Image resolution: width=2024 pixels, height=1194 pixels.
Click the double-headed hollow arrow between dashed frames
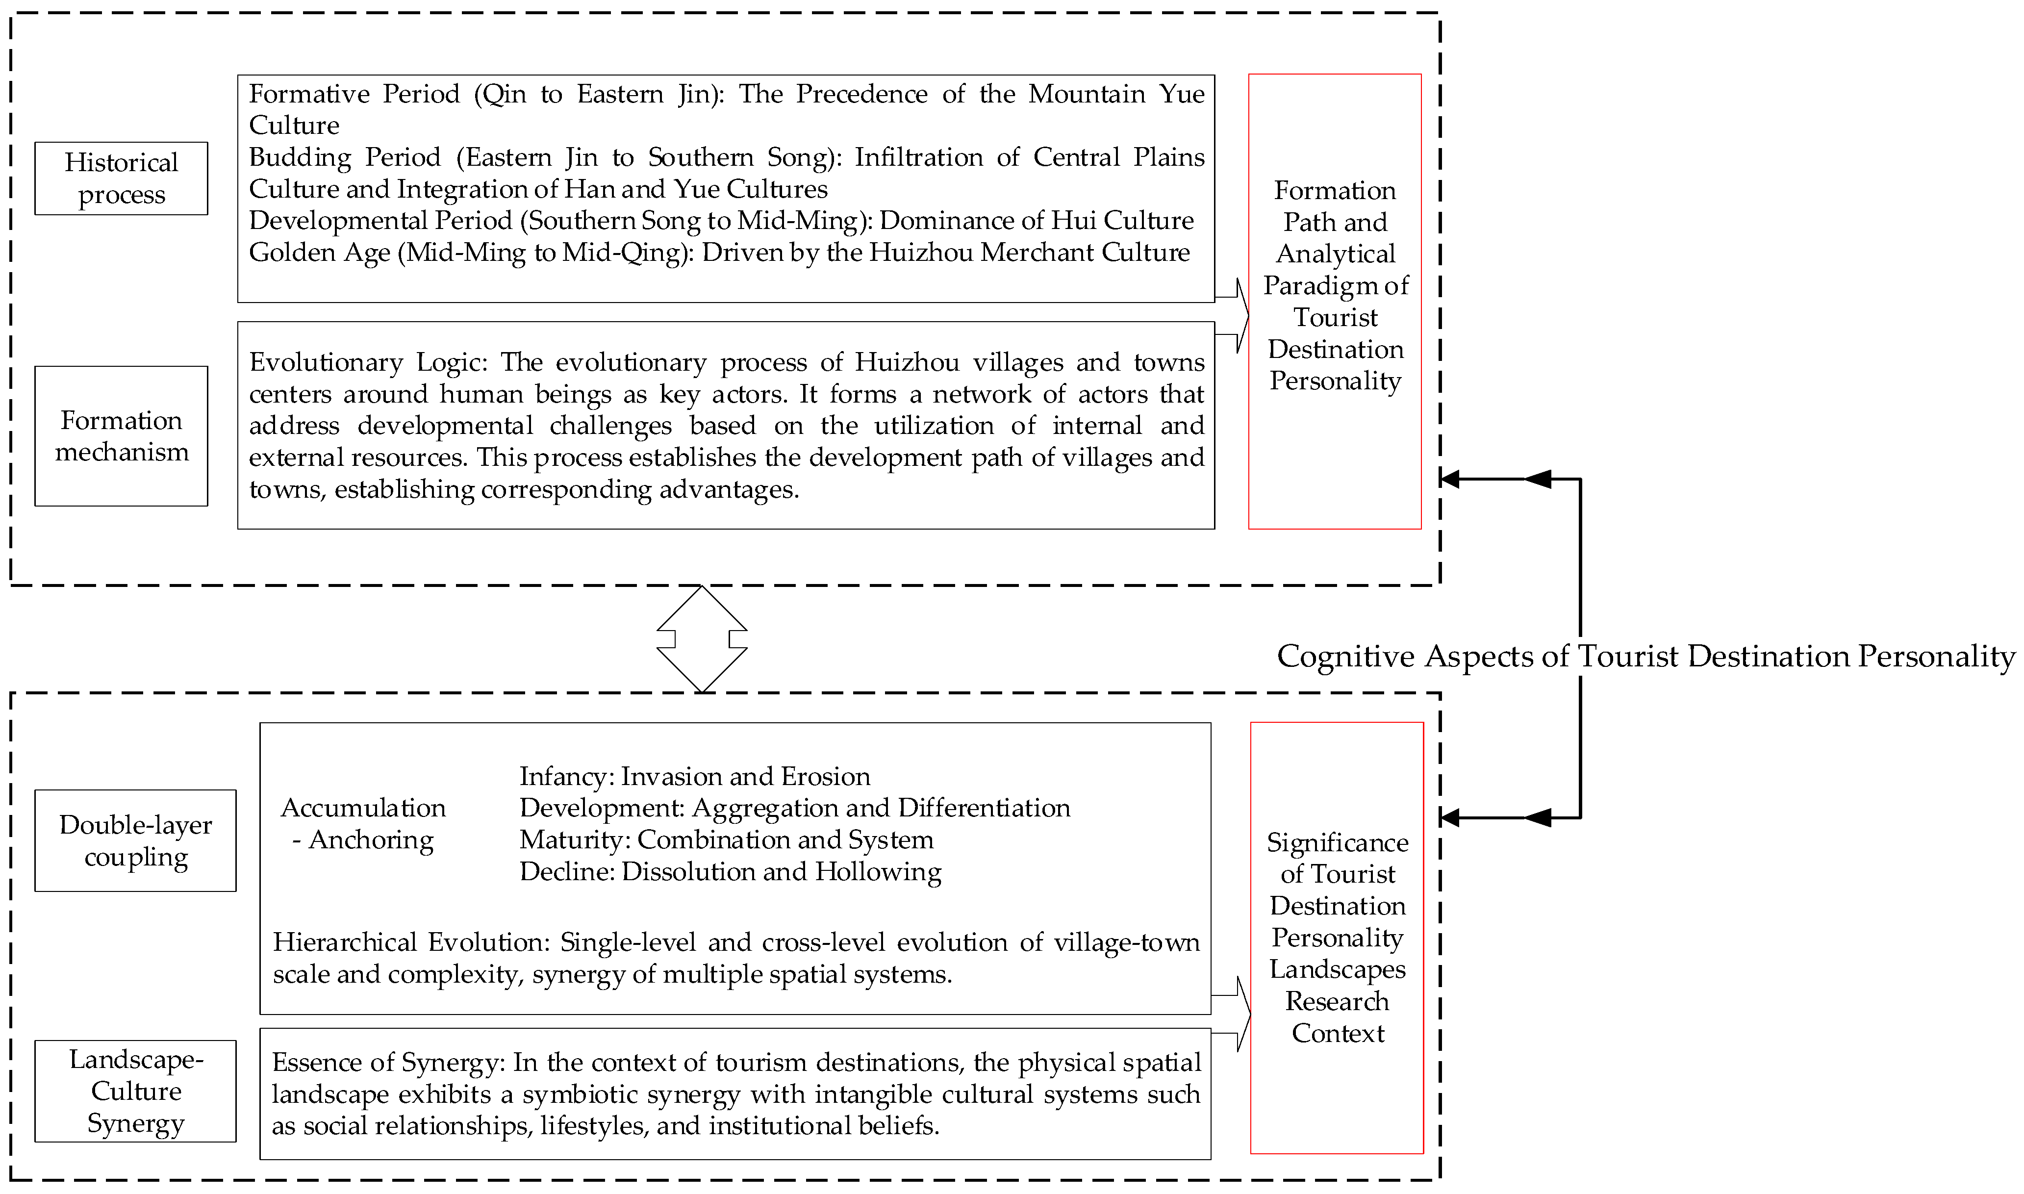702,639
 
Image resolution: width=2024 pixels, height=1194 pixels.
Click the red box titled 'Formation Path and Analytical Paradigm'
1335,301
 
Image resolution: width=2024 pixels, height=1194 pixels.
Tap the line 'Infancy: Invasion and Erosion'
694,776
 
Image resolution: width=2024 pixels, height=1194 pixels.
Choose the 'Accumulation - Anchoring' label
363,823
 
